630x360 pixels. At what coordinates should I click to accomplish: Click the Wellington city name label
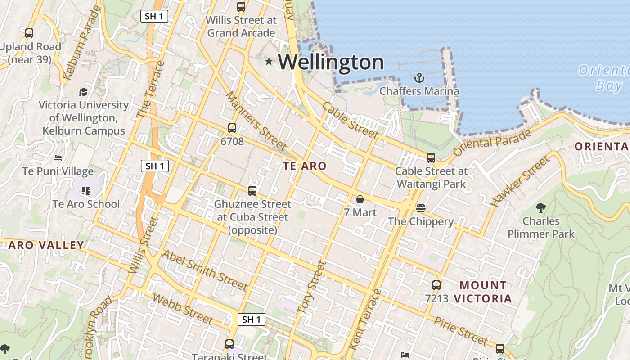[x=331, y=62]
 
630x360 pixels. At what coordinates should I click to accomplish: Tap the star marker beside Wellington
[x=269, y=61]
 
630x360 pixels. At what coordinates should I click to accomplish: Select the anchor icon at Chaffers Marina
[x=419, y=78]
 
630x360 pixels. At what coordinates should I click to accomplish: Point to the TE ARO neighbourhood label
[x=305, y=166]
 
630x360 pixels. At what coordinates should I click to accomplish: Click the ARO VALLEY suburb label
[x=46, y=245]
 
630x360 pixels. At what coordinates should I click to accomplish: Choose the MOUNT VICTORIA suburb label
[x=483, y=292]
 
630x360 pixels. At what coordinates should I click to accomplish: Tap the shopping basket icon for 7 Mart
[x=360, y=199]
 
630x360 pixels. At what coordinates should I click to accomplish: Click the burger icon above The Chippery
[x=421, y=208]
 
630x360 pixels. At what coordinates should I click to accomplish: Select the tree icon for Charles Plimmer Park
[x=541, y=208]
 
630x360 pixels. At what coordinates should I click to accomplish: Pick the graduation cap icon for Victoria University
[x=84, y=92]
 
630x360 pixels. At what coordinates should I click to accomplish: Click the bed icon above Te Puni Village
[x=58, y=158]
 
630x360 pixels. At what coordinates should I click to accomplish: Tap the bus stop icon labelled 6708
[x=232, y=128]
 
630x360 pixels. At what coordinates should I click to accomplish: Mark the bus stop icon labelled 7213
[x=436, y=285]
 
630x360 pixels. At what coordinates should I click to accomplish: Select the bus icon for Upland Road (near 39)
[x=29, y=33]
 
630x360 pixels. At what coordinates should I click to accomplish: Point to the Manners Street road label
[x=256, y=121]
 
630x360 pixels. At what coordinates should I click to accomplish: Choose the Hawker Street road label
[x=520, y=181]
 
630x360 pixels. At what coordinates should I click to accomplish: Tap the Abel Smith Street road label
[x=205, y=270]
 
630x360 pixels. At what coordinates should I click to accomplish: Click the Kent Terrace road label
[x=364, y=319]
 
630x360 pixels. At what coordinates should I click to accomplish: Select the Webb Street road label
[x=182, y=309]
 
